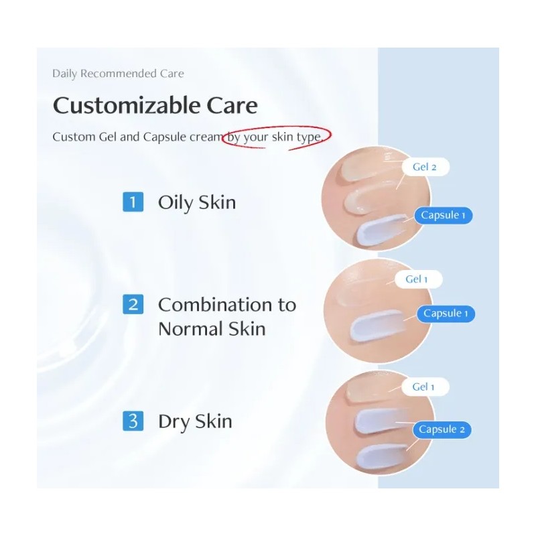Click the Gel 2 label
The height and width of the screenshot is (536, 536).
pos(425,167)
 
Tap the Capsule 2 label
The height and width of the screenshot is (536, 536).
pos(442,429)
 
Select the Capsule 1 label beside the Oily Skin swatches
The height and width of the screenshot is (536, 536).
pos(443,215)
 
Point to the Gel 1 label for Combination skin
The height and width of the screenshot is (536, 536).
pos(417,279)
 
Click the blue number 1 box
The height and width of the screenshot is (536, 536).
pos(133,202)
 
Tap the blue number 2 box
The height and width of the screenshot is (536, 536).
pos(133,305)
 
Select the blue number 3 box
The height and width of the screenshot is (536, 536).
pos(133,421)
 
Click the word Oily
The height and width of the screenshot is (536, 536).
pos(174,202)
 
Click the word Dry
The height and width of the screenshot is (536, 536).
pos(174,421)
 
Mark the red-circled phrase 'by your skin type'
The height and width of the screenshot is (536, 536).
pos(276,137)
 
